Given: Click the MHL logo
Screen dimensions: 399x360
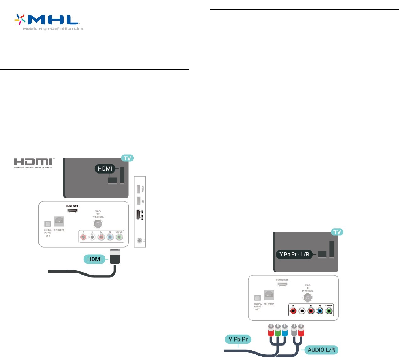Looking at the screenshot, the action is [x=48, y=23].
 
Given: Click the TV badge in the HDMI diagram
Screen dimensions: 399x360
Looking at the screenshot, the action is [x=127, y=158].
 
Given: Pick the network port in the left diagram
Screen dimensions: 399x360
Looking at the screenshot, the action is [x=59, y=222].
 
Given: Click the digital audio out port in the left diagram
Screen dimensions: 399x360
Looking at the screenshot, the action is [x=47, y=223].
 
